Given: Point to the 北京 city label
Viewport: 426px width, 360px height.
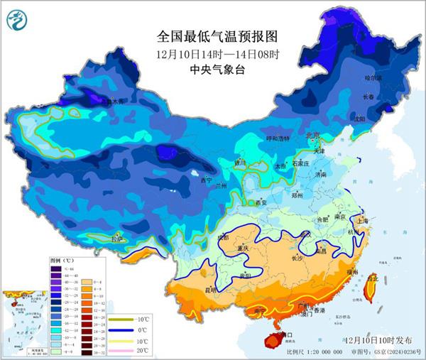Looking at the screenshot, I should pos(312,135).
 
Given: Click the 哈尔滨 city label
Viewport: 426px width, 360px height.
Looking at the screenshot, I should pos(373,77).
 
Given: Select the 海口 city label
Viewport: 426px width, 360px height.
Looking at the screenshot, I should pos(285,334).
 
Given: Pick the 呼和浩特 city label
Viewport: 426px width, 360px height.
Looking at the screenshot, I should pos(258,139).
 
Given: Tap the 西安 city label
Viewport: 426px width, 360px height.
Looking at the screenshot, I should pos(261,202).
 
